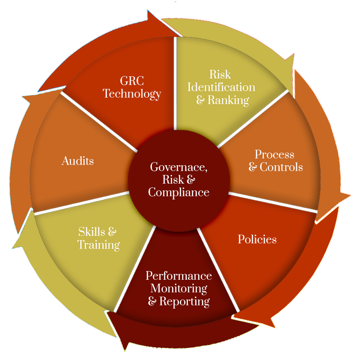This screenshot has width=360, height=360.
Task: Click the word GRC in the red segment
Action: coord(132,81)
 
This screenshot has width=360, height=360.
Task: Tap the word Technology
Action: coord(132,94)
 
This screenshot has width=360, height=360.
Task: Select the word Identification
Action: coord(221,87)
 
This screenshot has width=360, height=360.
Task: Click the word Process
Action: coord(274,154)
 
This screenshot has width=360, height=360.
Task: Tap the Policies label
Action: coord(257,239)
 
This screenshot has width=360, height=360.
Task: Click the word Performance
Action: coord(179,276)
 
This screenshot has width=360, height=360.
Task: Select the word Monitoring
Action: coord(179,288)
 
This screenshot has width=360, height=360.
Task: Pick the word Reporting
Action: coord(184,301)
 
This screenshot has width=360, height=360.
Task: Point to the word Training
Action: coord(98,245)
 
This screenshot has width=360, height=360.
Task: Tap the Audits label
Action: coord(77,161)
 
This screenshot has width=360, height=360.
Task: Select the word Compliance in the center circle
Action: coord(179,192)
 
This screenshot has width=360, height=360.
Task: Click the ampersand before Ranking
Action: coord(200,100)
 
